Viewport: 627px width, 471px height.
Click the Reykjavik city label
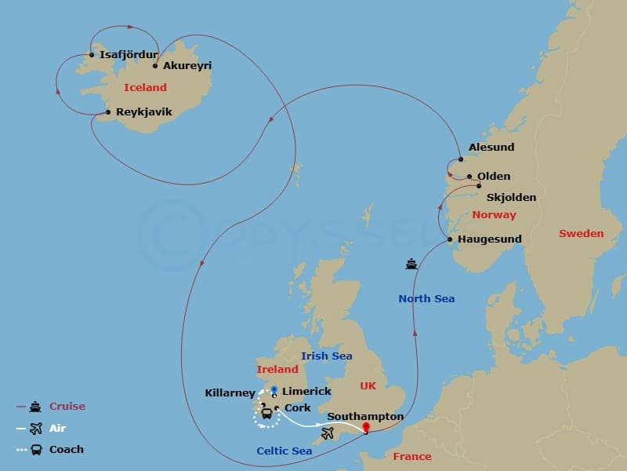[x=143, y=112]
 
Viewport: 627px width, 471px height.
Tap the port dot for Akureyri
[x=155, y=66]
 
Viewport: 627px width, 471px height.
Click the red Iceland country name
[x=145, y=88]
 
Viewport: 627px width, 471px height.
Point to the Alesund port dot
[x=461, y=159]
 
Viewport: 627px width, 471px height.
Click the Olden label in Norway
[x=494, y=177]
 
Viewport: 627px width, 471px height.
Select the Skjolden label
[x=510, y=197]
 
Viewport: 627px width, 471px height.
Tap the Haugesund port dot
[x=450, y=239]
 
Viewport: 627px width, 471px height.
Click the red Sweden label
[x=581, y=233]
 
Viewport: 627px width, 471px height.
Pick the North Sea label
[x=426, y=298]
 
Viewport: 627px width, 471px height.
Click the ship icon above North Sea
[x=411, y=265]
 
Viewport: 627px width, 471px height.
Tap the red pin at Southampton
[x=365, y=428]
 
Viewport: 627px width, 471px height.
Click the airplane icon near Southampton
[x=328, y=433]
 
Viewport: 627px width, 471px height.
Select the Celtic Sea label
[x=284, y=451]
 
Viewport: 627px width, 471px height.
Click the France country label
[x=412, y=456]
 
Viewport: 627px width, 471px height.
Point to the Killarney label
[x=230, y=392]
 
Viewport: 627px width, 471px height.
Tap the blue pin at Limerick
[x=274, y=389]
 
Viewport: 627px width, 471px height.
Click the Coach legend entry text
[x=66, y=450]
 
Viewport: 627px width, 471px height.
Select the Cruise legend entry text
[x=67, y=407]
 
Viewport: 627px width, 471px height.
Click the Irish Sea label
[x=326, y=356]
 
